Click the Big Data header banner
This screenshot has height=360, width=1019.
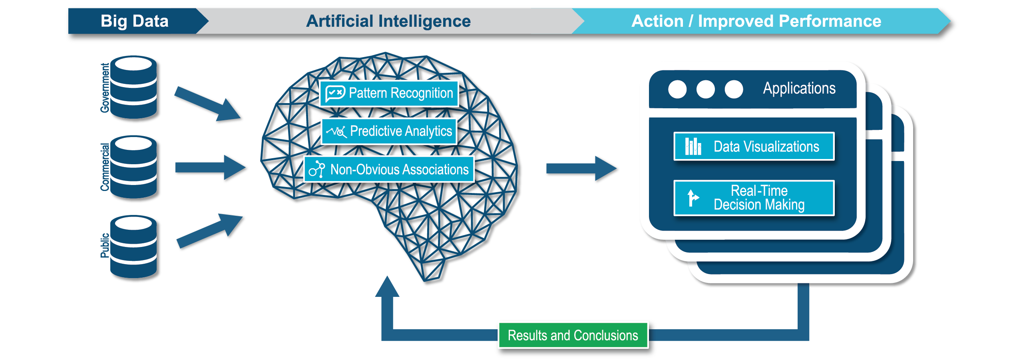tap(136, 21)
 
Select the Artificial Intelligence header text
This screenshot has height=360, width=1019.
tap(388, 21)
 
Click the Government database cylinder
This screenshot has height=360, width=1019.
tap(133, 87)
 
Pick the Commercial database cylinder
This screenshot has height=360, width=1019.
tap(133, 167)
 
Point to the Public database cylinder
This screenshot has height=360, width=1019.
tap(133, 247)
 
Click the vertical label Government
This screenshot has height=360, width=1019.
tap(105, 88)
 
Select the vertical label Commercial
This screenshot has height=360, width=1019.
tap(105, 167)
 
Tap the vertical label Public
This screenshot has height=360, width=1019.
tap(105, 245)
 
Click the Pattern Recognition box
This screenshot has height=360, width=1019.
tap(389, 93)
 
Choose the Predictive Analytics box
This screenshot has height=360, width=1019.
tap(389, 131)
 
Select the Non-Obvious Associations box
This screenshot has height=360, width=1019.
tap(389, 169)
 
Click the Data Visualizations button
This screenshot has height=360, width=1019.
tap(754, 147)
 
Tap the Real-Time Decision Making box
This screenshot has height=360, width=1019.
tap(754, 198)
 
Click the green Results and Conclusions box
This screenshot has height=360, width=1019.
tap(573, 336)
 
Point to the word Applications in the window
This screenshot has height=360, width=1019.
tap(799, 88)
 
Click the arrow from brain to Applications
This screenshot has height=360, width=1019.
tap(581, 169)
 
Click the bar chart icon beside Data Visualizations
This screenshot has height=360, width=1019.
tap(693, 146)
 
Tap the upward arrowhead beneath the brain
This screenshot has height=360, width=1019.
tap(387, 286)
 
